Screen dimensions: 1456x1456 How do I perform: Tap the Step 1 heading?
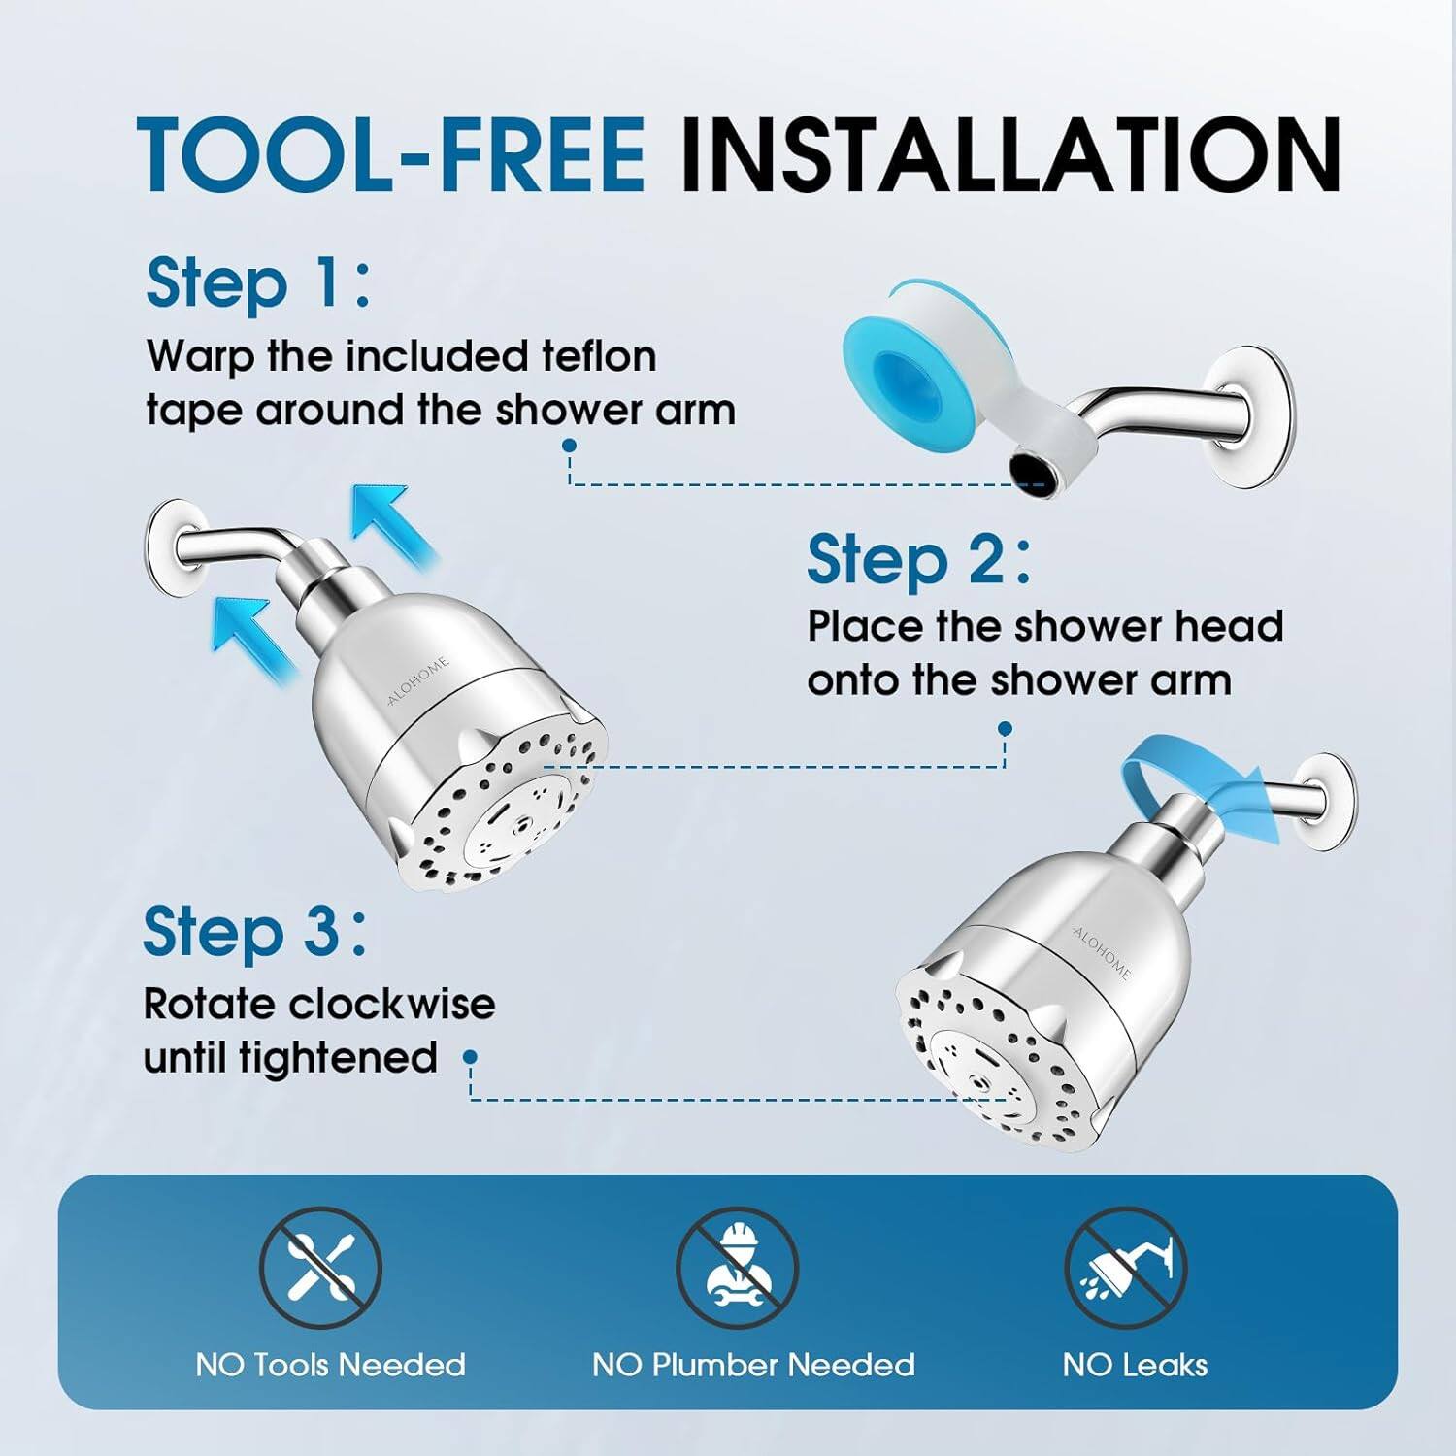click(x=257, y=283)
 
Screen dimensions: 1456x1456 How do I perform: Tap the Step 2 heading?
click(x=918, y=560)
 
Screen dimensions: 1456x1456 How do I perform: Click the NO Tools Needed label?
click(x=330, y=1365)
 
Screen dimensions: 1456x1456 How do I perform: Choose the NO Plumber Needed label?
click(x=753, y=1365)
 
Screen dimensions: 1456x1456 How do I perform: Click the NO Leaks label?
click(x=1135, y=1365)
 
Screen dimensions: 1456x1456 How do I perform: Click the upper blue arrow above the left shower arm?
click(x=393, y=524)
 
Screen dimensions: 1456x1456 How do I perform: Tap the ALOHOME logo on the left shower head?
click(x=418, y=680)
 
